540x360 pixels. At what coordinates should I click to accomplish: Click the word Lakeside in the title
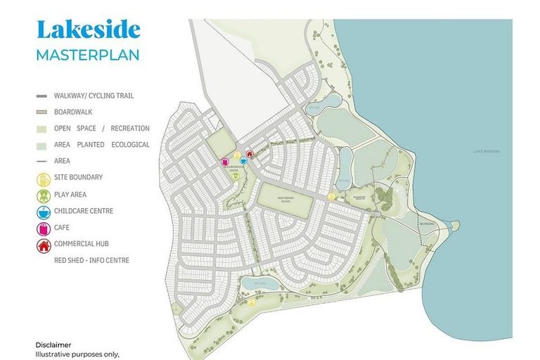tap(88, 30)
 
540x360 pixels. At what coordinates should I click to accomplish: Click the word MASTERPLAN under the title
tap(88, 54)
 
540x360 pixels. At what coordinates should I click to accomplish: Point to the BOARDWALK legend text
tap(73, 112)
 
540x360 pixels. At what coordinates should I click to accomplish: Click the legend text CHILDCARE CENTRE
tap(84, 211)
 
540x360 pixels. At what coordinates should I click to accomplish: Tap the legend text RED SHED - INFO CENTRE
tap(91, 260)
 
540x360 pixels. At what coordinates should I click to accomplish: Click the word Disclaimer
tap(53, 345)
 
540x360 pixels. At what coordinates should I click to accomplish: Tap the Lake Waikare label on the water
tap(487, 151)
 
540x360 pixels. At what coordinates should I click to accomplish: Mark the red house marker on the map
tap(249, 155)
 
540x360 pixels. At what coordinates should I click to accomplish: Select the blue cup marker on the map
tap(243, 160)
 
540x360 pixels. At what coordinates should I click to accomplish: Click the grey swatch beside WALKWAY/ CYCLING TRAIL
tap(41, 96)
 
